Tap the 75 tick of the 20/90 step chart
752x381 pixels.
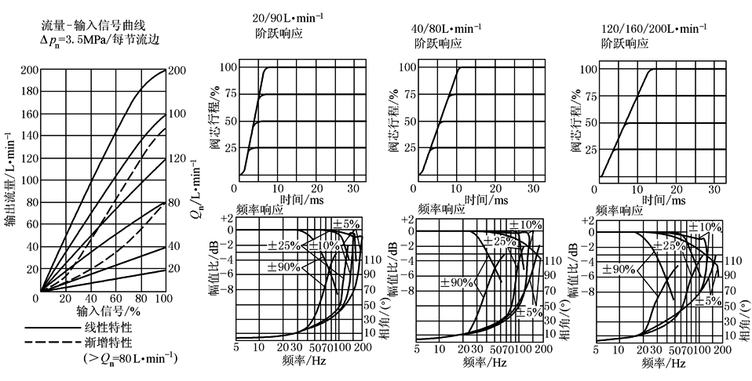tap(225, 96)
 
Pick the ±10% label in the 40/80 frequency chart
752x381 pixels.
tap(525, 225)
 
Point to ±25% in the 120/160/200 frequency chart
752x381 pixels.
tap(667, 245)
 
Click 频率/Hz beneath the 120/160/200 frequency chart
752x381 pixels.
tap(663, 364)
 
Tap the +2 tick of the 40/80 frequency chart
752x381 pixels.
tap(405, 220)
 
